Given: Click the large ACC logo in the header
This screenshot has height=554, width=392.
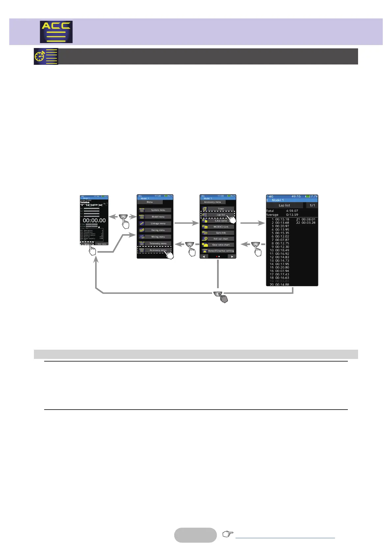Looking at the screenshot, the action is click(x=56, y=32).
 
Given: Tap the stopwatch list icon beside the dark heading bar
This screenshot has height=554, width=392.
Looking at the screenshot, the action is click(x=46, y=56).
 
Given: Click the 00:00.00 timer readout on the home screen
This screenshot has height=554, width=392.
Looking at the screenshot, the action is click(x=94, y=220).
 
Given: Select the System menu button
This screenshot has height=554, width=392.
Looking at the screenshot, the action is click(x=158, y=210).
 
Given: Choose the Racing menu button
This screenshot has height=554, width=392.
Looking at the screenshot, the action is click(x=158, y=230).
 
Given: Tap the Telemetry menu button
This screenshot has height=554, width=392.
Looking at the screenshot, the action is click(x=158, y=243).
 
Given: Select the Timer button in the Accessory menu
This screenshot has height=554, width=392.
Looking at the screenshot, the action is click(x=221, y=209).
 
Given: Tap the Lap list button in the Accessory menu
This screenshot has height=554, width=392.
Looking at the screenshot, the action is click(x=221, y=215).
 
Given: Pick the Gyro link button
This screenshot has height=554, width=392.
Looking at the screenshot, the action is click(x=221, y=233).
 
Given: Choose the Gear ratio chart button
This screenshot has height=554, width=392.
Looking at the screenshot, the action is click(x=221, y=245).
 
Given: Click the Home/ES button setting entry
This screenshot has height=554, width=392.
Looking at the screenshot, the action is click(x=221, y=251).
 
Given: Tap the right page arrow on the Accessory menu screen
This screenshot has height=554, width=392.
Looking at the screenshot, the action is click(x=232, y=256).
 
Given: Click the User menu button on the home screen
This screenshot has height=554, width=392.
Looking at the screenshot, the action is click(x=102, y=244).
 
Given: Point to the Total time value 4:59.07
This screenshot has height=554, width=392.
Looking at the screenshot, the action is click(x=292, y=211).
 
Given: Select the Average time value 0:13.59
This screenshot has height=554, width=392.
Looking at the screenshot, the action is click(x=292, y=215).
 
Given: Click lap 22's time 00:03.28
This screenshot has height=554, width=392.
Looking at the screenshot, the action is click(x=308, y=223).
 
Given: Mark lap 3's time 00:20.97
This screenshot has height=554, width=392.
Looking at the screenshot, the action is click(x=282, y=226).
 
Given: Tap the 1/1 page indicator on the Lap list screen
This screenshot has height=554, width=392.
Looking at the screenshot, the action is click(x=312, y=205).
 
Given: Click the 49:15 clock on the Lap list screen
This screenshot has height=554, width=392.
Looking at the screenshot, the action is click(x=296, y=196).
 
